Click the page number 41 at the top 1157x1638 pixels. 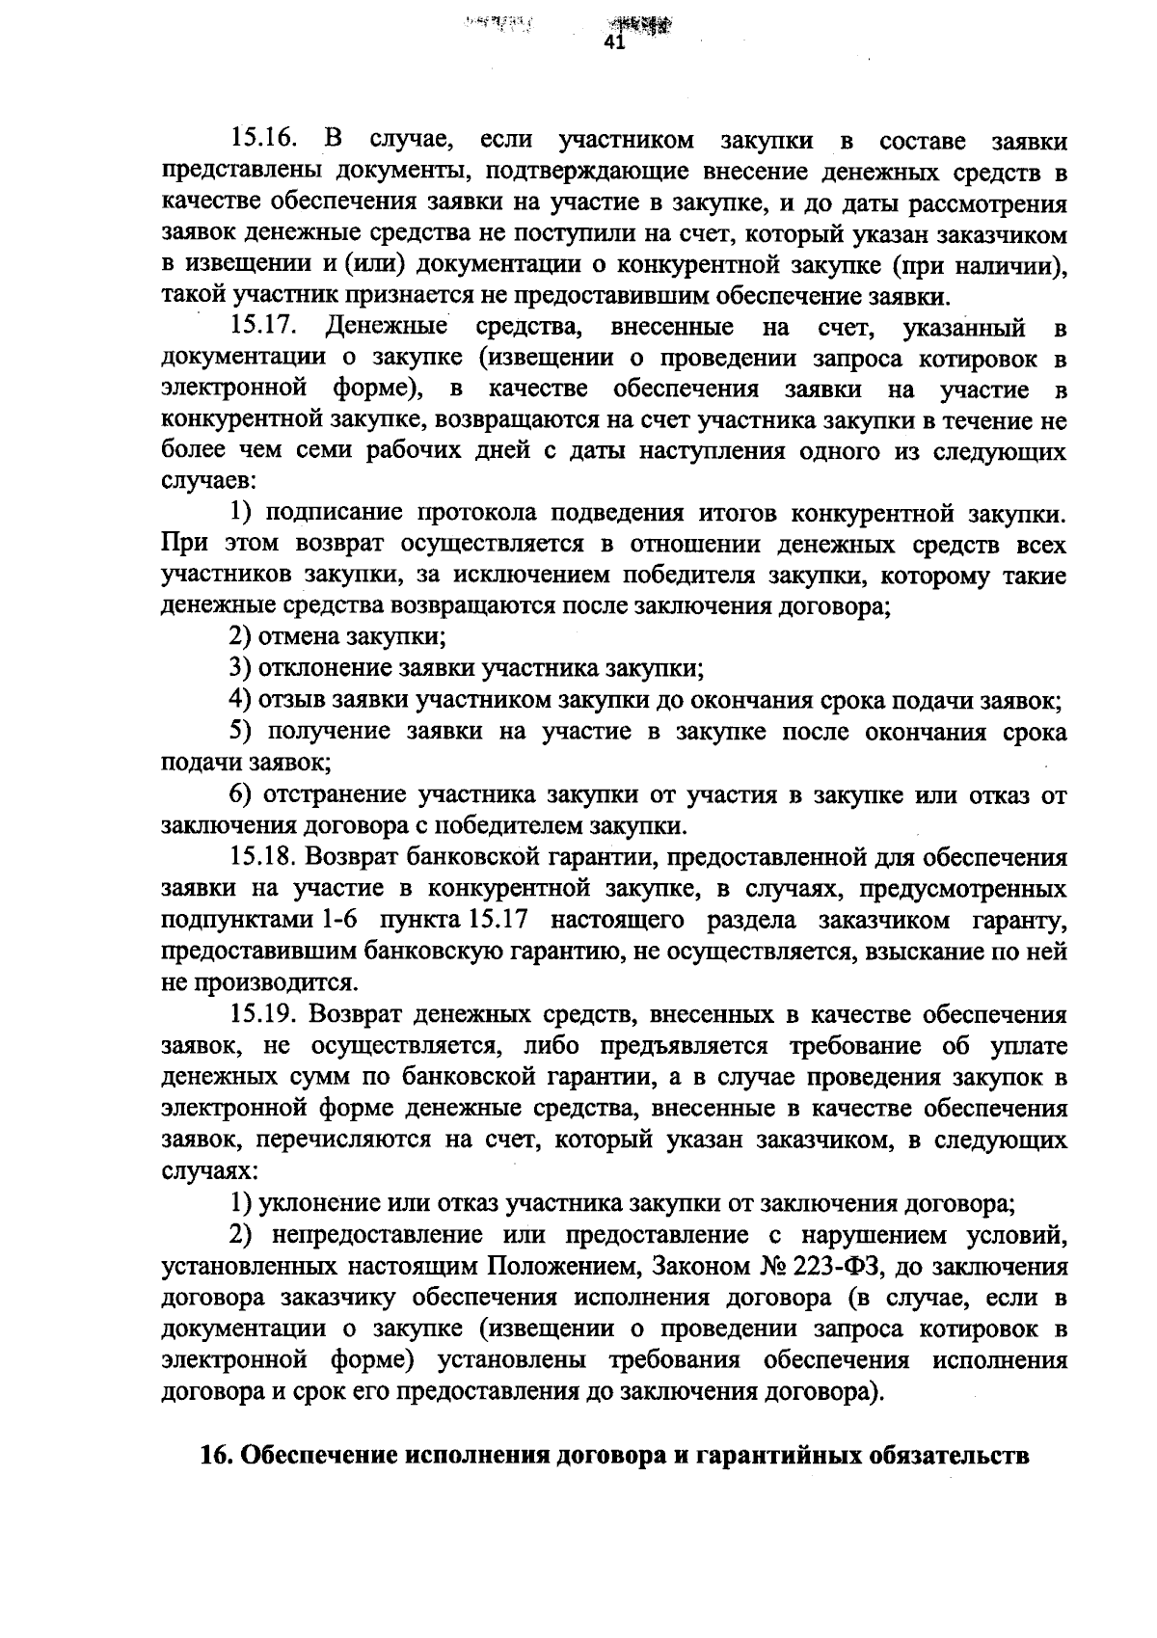[614, 43]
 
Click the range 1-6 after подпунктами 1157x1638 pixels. [342, 920]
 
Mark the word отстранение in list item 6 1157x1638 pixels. [331, 795]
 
